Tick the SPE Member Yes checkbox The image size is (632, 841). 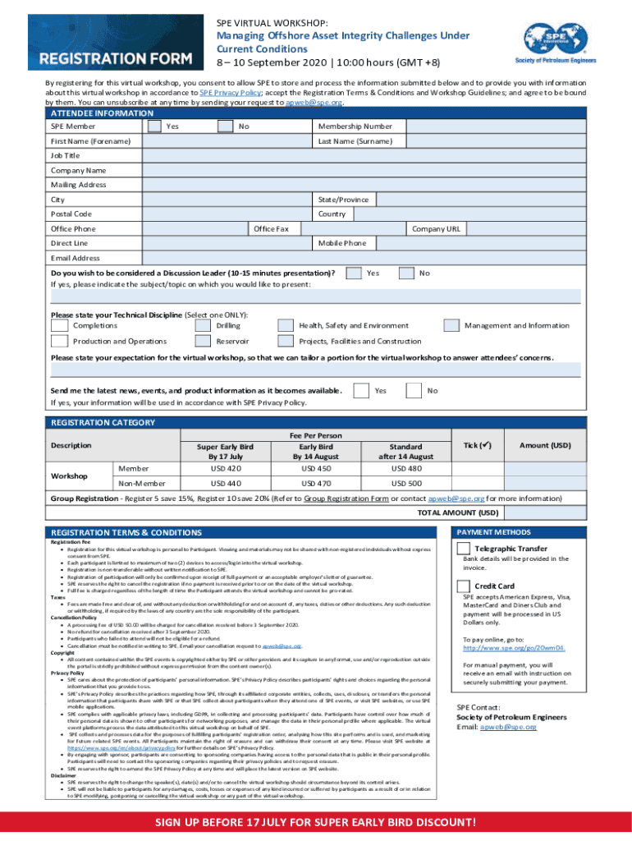pos(153,126)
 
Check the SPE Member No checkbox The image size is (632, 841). pos(226,126)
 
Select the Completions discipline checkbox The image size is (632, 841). pos(59,326)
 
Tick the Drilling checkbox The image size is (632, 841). pos(203,326)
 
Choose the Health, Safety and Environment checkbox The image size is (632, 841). pos(286,326)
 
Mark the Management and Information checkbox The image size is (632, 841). pos(451,326)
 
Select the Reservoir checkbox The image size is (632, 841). pos(203,342)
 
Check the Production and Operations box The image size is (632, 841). pos(59,342)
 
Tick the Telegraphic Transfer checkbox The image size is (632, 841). pos(464,548)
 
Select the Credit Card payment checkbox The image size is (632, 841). pos(464,586)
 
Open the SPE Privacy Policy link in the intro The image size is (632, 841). pos(227,93)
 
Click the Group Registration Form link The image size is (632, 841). pos(346,498)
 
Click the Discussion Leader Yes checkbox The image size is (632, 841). pos(355,273)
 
